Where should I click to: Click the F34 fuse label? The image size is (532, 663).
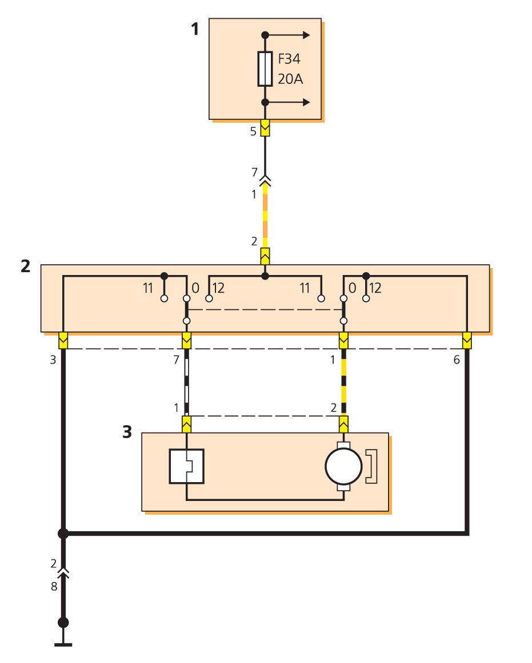tap(289, 59)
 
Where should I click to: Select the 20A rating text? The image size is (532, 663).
tap(290, 79)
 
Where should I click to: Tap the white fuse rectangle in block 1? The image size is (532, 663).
tap(265, 69)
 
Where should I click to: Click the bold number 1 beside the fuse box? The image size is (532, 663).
tap(195, 29)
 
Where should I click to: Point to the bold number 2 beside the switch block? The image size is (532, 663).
tap(25, 266)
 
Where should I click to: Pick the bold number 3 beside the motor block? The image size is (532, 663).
tap(127, 432)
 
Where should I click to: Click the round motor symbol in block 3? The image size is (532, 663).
tap(343, 466)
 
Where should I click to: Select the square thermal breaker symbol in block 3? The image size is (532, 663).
tap(186, 466)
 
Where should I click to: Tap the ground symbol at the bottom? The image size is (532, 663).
tap(63, 644)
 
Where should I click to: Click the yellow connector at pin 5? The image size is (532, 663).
tap(265, 128)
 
